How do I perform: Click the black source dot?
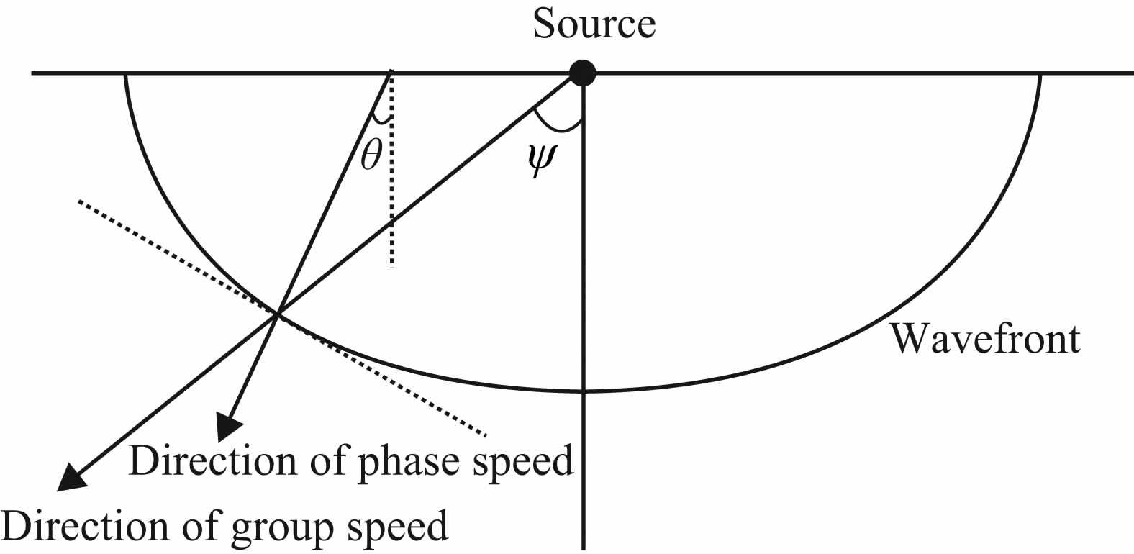point(582,73)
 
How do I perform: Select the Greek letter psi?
point(541,164)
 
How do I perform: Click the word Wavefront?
point(985,338)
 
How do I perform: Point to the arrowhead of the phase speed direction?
point(228,428)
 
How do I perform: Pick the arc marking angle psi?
point(558,128)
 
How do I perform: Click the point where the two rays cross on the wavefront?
point(277,313)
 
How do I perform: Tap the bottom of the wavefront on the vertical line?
point(583,391)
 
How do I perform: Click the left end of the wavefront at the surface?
point(126,73)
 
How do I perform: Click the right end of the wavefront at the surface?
point(1040,73)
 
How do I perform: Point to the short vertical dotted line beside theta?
point(391,216)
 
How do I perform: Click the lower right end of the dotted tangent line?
point(486,434)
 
